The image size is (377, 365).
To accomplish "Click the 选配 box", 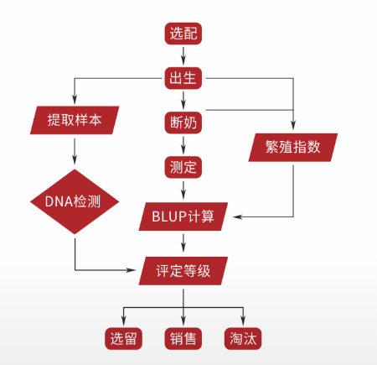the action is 183,34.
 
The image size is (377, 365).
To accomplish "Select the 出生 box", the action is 183,78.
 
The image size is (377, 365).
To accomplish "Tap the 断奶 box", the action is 183,123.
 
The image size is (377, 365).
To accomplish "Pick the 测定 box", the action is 183,167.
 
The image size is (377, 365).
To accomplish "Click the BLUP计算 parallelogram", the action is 183,216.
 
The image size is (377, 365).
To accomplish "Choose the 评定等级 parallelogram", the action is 183,271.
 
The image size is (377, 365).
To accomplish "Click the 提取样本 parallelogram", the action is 75,120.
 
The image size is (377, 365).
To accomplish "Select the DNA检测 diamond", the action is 75,201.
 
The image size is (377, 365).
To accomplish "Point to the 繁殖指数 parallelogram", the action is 293,148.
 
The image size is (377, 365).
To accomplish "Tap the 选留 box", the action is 123,338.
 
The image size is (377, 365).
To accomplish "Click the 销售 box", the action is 183,338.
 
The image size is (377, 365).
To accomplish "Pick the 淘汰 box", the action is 243,338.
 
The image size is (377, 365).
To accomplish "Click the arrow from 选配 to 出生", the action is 183,55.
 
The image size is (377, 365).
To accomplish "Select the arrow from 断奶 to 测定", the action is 183,145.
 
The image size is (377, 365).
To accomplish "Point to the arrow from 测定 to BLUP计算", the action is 183,190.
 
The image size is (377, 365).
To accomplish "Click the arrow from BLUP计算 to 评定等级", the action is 183,242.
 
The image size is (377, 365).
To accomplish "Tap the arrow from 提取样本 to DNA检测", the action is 75,151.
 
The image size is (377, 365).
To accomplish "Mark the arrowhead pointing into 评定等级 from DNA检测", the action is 131,270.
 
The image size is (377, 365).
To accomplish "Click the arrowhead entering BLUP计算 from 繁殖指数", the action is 237,216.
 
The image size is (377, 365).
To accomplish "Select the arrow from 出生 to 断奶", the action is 183,101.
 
